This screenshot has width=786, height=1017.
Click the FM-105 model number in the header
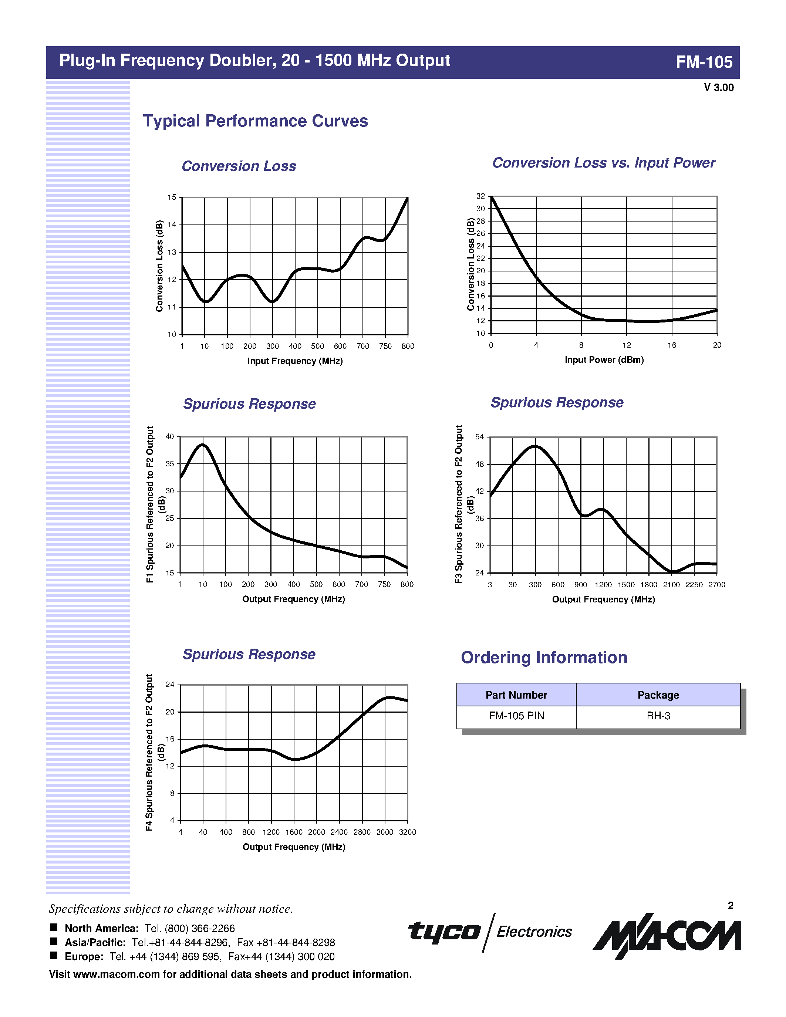pyautogui.click(x=704, y=62)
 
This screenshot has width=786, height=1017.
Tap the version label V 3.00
pyautogui.click(x=718, y=88)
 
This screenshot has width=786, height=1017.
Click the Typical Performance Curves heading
pyautogui.click(x=255, y=121)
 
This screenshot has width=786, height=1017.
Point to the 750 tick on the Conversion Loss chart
pyautogui.click(x=385, y=346)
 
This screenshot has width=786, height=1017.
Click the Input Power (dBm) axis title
pyautogui.click(x=604, y=359)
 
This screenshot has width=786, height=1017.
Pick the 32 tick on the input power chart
pyautogui.click(x=480, y=196)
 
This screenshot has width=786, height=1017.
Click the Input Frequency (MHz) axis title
pyautogui.click(x=295, y=361)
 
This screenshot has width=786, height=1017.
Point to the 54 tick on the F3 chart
pyautogui.click(x=480, y=437)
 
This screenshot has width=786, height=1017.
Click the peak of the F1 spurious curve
pyautogui.click(x=203, y=445)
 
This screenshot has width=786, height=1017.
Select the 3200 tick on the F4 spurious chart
pyautogui.click(x=408, y=832)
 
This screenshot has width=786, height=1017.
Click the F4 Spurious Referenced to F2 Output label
pyautogui.click(x=149, y=752)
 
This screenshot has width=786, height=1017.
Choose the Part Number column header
pyautogui.click(x=516, y=695)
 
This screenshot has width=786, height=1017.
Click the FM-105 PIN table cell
pyautogui.click(x=516, y=716)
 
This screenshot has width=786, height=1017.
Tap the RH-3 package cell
pyautogui.click(x=658, y=716)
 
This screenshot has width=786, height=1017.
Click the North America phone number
pyautogui.click(x=189, y=928)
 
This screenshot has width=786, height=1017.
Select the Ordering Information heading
pyautogui.click(x=544, y=658)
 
